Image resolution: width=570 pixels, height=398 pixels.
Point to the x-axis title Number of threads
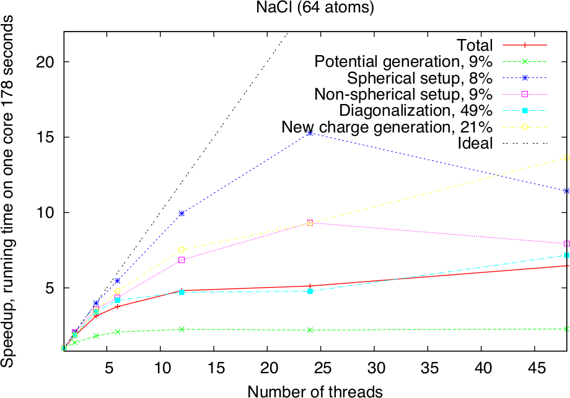click(315, 391)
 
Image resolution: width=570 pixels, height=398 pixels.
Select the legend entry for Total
click(475, 45)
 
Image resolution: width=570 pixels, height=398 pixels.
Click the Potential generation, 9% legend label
click(403, 62)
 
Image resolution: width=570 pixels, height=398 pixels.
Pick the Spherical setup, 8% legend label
click(419, 78)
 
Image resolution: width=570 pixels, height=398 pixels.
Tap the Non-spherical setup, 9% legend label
click(403, 95)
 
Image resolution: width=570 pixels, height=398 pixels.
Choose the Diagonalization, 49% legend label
click(416, 111)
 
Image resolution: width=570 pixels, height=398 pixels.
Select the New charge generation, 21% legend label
click(387, 128)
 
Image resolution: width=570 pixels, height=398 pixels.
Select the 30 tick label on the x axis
click(374, 368)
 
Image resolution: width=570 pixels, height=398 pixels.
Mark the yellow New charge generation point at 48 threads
click(566, 158)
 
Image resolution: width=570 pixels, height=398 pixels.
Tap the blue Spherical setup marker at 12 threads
click(182, 214)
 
